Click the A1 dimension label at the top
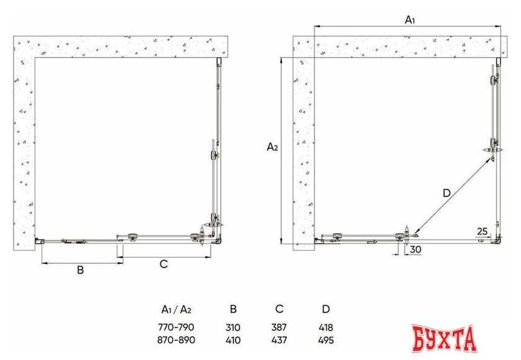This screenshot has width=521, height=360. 410,20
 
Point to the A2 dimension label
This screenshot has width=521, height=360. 272,146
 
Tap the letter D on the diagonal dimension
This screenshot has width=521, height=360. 447,193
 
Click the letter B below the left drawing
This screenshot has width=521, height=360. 81,270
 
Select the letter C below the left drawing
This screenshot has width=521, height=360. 164,264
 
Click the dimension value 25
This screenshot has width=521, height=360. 482,231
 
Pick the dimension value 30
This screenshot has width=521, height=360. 416,250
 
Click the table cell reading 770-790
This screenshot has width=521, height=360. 176,328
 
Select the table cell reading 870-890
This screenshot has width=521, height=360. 176,340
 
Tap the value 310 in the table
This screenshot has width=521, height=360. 233,328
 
